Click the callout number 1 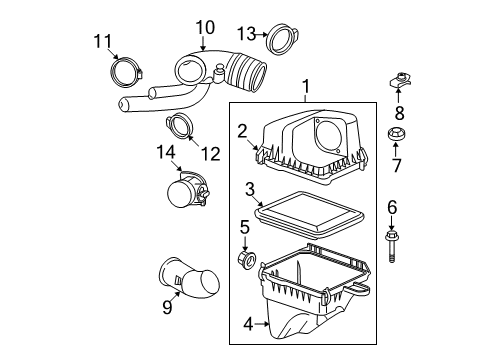pyautogui.click(x=306, y=87)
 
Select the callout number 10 pyautogui.click(x=204, y=27)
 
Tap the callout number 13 pyautogui.click(x=246, y=38)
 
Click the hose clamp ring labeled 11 pyautogui.click(x=124, y=72)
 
